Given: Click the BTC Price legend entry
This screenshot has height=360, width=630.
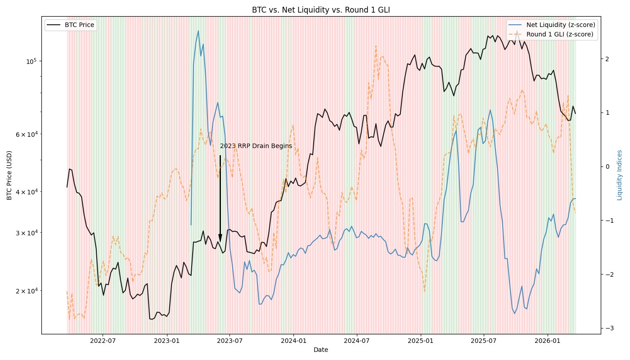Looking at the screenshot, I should click(x=79, y=25).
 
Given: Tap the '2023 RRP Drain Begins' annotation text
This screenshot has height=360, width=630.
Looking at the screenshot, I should click(x=256, y=146).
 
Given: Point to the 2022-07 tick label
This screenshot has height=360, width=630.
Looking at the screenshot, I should click(x=103, y=341).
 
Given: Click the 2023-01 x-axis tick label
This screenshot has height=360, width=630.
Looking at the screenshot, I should click(x=167, y=341).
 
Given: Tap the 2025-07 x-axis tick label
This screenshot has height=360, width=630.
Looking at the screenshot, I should click(x=484, y=341).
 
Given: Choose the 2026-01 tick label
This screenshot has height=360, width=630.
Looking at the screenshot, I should click(x=548, y=341).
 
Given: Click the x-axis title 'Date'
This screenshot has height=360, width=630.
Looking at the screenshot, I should click(x=321, y=350).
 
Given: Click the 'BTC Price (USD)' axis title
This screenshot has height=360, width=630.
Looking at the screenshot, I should click(x=9, y=175).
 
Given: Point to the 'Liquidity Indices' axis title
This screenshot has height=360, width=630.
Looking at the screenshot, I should click(x=620, y=175).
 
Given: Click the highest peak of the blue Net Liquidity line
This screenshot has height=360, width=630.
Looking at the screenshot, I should click(x=198, y=31).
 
